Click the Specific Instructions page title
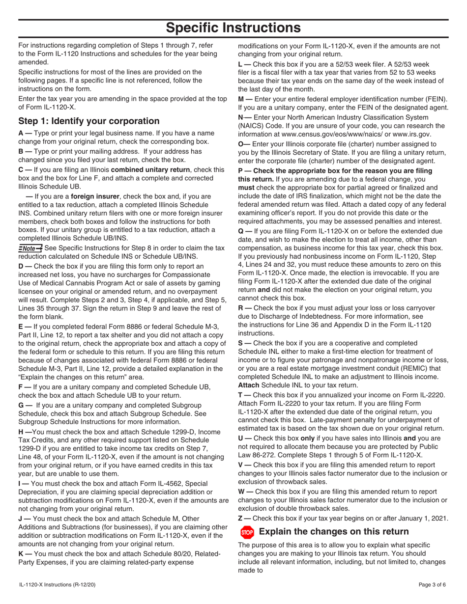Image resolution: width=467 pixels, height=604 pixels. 233,27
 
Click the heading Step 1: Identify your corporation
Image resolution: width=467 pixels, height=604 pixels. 88,121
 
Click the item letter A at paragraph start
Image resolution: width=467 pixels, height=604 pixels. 22,133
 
